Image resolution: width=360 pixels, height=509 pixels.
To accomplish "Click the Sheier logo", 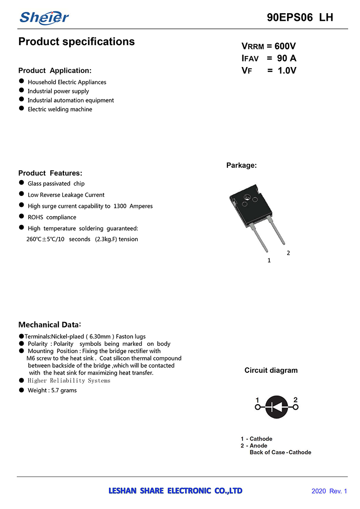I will pos(44,17).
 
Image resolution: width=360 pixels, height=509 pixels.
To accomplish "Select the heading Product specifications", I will pos(77,41).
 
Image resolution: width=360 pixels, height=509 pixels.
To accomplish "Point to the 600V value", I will pos(285,46).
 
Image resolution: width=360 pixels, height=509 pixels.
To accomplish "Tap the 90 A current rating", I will pos(287,58).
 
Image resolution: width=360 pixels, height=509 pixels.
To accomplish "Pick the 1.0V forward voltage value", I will pos(287,71).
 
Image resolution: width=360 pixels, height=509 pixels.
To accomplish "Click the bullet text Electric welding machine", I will pos(60,109).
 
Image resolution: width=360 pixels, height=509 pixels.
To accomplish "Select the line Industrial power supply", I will pos(58,91).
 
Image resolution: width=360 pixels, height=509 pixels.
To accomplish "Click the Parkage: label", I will pos(242,165).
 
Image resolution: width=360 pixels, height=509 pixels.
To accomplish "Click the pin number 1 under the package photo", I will pos(269,261).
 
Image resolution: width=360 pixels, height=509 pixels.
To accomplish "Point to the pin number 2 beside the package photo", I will pos(288,253).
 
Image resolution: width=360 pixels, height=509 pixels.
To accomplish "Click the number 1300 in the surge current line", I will pos(120,206).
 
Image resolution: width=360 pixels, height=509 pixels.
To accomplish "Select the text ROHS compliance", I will pos(52,217).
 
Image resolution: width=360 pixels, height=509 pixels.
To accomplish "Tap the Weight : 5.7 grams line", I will pos(52,391).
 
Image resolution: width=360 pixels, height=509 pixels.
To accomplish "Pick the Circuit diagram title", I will pos(271,370).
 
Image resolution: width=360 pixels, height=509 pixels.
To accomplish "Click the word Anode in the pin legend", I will pos(258,446).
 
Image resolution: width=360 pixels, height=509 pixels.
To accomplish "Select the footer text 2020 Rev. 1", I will pos(329,491).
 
